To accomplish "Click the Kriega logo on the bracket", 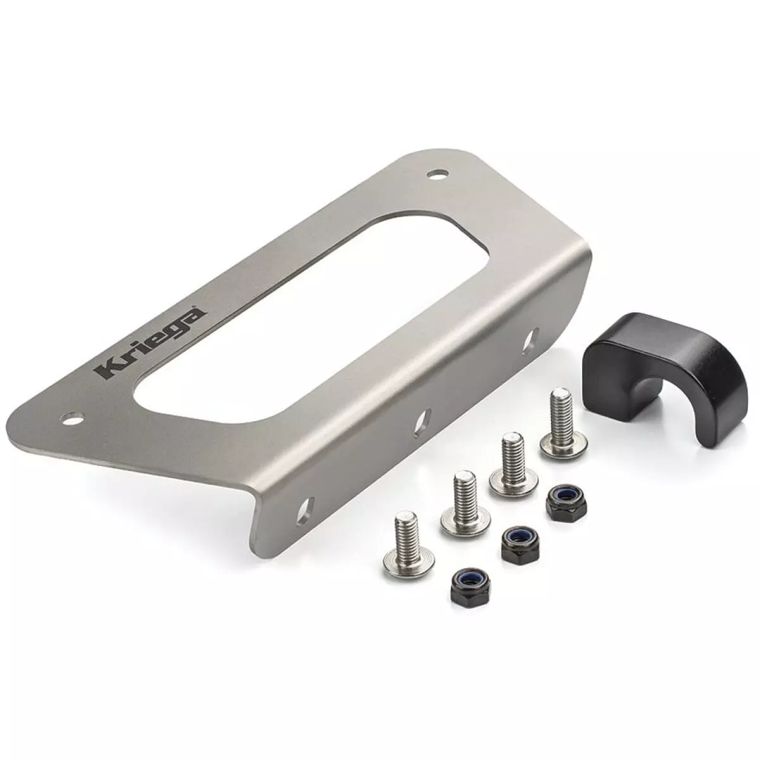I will tap(149, 343).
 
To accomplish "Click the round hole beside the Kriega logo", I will tap(75, 417).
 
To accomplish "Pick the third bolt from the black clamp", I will tap(465, 503).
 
